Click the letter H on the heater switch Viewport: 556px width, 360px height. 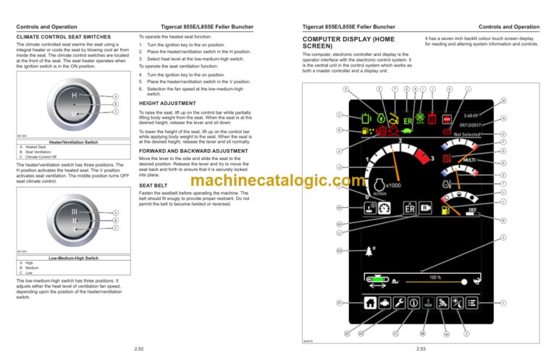tap(74, 94)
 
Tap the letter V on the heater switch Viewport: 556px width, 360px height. tap(74, 114)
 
